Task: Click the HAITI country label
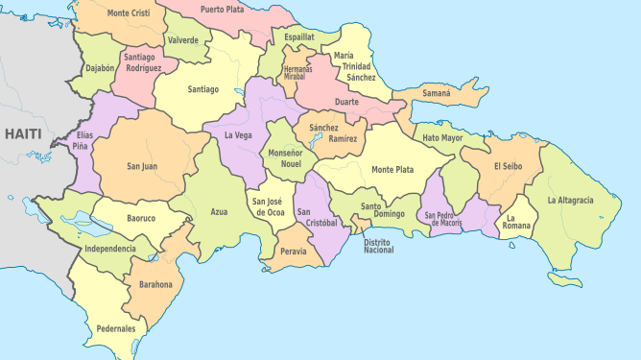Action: click(x=22, y=133)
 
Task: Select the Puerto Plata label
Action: click(x=223, y=9)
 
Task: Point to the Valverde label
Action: click(x=182, y=40)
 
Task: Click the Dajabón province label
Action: click(x=100, y=69)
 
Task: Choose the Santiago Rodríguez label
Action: click(x=143, y=62)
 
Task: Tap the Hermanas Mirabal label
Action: click(x=298, y=72)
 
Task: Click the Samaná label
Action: click(x=437, y=94)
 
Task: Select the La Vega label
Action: click(x=238, y=135)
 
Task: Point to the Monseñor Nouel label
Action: click(x=285, y=158)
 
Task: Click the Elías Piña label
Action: click(x=84, y=141)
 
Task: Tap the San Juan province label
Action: click(x=143, y=166)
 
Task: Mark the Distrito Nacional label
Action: click(x=378, y=247)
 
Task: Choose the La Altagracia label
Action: click(x=570, y=200)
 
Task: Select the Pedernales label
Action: click(x=115, y=328)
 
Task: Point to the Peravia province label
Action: click(x=293, y=252)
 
